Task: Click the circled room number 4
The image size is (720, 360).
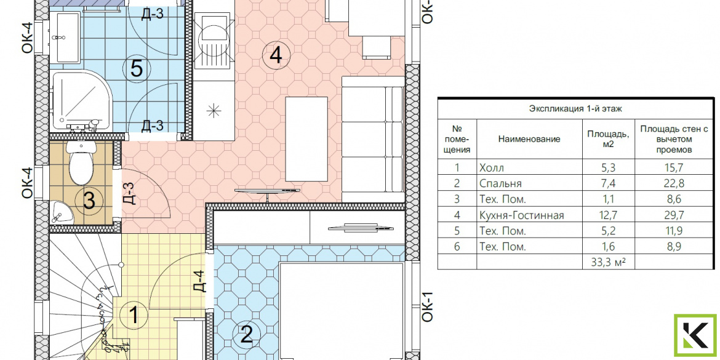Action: [x=276, y=55]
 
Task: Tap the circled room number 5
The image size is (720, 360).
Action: [x=137, y=70]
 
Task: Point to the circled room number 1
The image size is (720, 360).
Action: [x=134, y=316]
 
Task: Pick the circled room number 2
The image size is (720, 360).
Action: [x=247, y=335]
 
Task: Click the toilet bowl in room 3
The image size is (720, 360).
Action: [x=81, y=162]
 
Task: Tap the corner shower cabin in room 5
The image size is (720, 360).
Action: [x=82, y=101]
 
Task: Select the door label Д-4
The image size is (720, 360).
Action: [x=200, y=281]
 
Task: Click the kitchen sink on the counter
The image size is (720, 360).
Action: [x=212, y=41]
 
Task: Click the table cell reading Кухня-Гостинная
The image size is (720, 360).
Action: [x=521, y=215]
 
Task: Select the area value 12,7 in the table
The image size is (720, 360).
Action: [x=608, y=215]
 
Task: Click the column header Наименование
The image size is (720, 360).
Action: [x=529, y=139]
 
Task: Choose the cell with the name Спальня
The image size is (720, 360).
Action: [x=500, y=183]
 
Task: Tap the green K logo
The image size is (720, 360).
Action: [x=695, y=335]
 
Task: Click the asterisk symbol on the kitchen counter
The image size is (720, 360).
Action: [x=213, y=111]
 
